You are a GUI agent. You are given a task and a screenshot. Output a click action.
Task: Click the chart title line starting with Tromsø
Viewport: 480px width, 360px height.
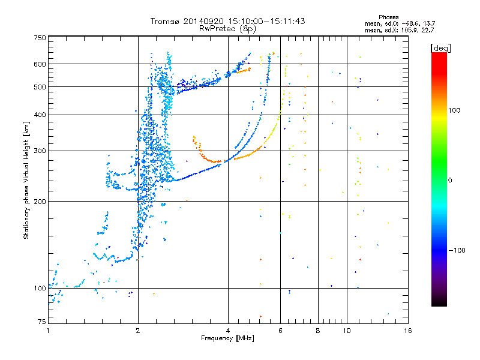pyautogui.click(x=227, y=21)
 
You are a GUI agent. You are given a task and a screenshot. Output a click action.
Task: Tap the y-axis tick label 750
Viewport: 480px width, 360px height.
pyautogui.click(x=40, y=38)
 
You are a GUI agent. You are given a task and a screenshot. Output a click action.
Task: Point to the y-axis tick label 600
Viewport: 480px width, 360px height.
pyautogui.click(x=40, y=64)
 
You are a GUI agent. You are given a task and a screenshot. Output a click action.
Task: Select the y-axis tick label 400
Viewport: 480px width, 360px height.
pyautogui.click(x=40, y=115)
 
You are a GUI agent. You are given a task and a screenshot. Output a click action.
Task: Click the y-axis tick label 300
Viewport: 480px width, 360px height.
pyautogui.click(x=40, y=151)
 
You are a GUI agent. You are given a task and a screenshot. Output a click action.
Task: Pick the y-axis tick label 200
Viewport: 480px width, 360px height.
pyautogui.click(x=40, y=202)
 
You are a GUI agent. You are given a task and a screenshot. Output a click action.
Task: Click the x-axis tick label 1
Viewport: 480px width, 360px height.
pyautogui.click(x=48, y=331)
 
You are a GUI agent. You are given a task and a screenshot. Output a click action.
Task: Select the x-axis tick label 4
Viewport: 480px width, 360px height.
pyautogui.click(x=228, y=331)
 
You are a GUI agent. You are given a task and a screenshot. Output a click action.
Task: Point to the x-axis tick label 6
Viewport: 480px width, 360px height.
pyautogui.click(x=280, y=331)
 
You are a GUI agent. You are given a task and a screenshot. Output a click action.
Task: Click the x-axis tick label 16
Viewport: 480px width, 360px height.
pyautogui.click(x=407, y=331)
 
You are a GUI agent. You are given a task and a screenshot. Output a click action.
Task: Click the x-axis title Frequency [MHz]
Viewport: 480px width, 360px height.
pyautogui.click(x=227, y=338)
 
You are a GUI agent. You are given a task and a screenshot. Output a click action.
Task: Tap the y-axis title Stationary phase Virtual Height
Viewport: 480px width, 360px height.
pyautogui.click(x=26, y=180)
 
